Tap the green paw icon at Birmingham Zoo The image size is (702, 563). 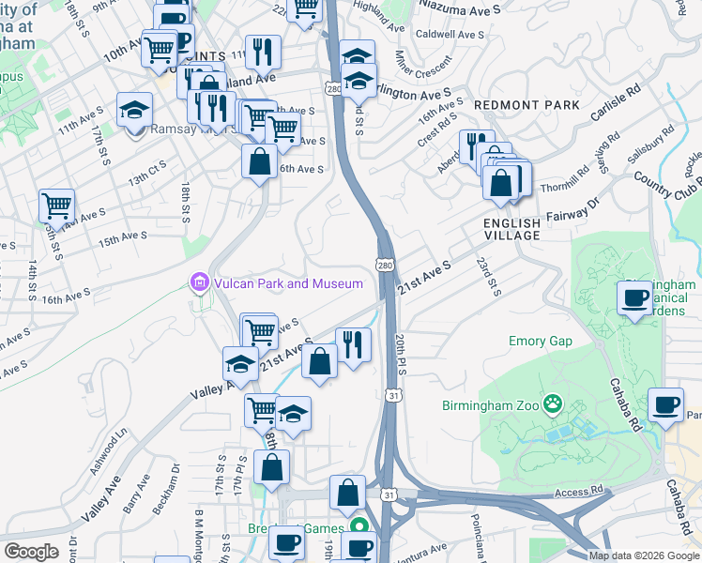pyautogui.click(x=555, y=405)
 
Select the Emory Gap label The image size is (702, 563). pyautogui.click(x=540, y=341)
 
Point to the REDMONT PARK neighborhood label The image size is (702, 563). pyautogui.click(x=513, y=104)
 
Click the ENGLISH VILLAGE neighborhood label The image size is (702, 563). pyautogui.click(x=511, y=229)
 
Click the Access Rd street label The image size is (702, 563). pyautogui.click(x=579, y=491)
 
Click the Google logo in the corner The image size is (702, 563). pyautogui.click(x=31, y=552)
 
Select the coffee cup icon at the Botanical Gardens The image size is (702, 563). pyautogui.click(x=635, y=299)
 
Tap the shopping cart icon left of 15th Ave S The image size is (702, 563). pyautogui.click(x=57, y=206)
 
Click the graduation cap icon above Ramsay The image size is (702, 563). pyautogui.click(x=135, y=109)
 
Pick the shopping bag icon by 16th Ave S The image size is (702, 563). pyautogui.click(x=259, y=161)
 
